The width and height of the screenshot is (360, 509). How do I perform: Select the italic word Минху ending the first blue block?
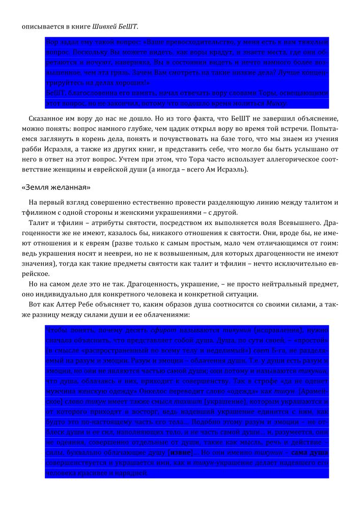coord(275,103)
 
